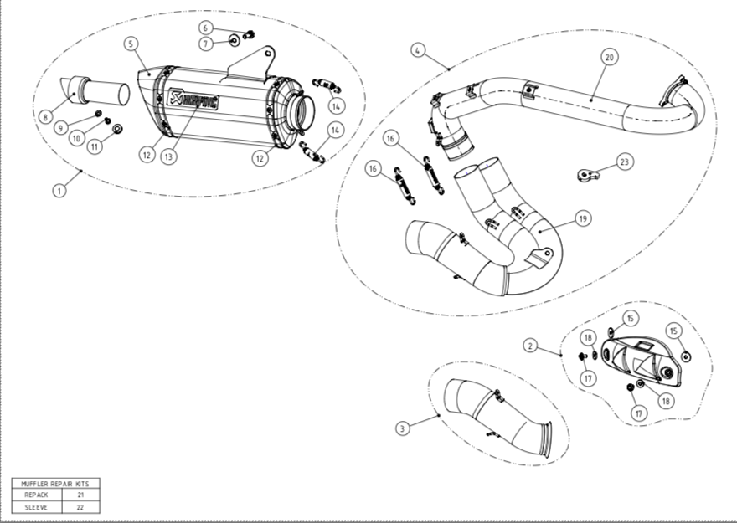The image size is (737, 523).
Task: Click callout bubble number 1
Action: (x=59, y=191)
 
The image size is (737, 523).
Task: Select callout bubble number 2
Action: (x=529, y=345)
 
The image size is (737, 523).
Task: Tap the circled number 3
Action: (x=403, y=428)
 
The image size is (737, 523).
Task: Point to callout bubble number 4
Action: (x=417, y=50)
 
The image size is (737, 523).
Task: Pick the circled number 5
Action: (x=131, y=44)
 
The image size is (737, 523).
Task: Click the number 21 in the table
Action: (x=80, y=495)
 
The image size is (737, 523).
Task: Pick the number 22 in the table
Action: (x=80, y=506)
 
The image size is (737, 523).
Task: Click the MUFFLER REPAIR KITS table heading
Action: (x=55, y=483)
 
